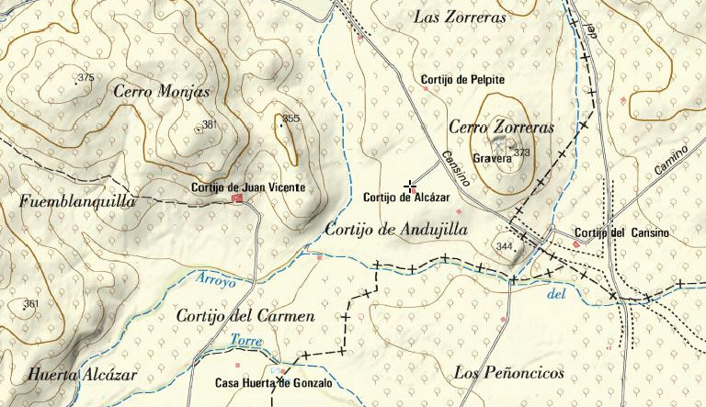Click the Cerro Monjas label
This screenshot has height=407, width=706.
click(x=161, y=91)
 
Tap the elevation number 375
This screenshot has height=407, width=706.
click(x=86, y=78)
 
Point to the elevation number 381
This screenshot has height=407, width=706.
click(x=210, y=125)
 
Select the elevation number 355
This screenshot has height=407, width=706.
click(x=291, y=119)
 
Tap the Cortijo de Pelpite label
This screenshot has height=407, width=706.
click(x=463, y=80)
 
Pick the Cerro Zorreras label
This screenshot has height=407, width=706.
click(x=501, y=128)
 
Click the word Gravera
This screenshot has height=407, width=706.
click(x=491, y=158)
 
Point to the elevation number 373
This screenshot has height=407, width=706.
click(x=522, y=153)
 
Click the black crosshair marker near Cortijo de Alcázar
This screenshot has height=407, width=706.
click(x=409, y=187)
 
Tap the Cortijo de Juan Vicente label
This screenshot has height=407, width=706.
click(x=247, y=187)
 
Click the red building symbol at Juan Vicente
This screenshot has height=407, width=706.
click(x=237, y=198)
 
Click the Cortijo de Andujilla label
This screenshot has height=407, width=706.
click(x=396, y=230)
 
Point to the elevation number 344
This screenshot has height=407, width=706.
click(x=504, y=246)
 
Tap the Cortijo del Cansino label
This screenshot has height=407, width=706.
click(x=621, y=233)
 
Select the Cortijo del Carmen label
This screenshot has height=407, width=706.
click(x=245, y=316)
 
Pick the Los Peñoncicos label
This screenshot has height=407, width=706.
click(x=508, y=373)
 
